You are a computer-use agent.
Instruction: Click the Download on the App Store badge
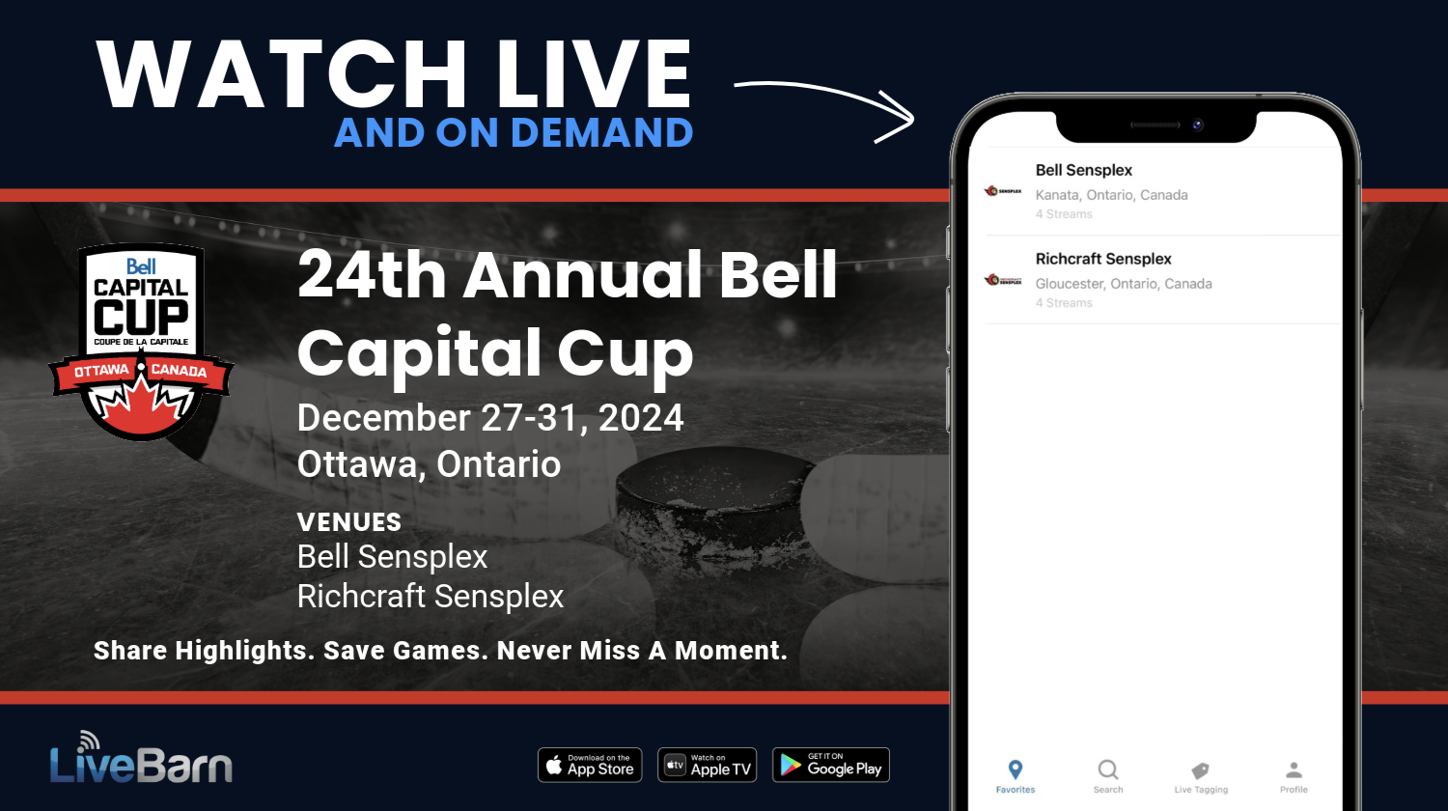tap(590, 766)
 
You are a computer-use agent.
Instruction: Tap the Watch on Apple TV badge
tap(707, 766)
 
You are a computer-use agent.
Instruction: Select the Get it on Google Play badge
tap(830, 766)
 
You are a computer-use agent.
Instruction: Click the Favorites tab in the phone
tap(1015, 775)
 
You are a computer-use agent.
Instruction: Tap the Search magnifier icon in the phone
tap(1108, 770)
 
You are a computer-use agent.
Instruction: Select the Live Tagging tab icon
tap(1200, 770)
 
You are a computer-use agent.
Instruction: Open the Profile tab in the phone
tap(1294, 770)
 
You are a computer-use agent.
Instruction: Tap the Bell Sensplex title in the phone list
tap(1083, 170)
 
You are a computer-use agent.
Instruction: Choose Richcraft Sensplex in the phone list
tap(1102, 259)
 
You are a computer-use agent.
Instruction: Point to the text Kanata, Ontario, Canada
tap(1111, 195)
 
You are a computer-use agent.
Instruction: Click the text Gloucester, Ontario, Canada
tap(1123, 284)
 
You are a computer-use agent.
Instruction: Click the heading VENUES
tap(349, 522)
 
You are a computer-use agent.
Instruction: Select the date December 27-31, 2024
tap(490, 418)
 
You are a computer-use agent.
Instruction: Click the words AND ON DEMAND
tap(514, 133)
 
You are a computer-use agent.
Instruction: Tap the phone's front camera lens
tap(1197, 125)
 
